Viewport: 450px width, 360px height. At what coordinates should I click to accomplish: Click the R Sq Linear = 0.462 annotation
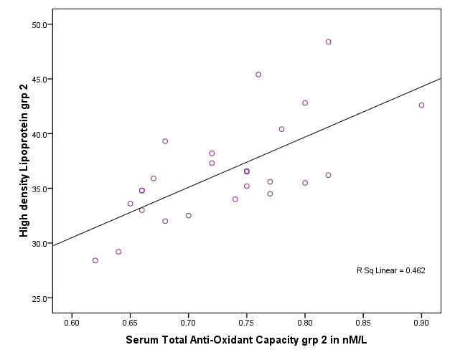[x=391, y=271]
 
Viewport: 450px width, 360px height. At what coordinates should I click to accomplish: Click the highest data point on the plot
[x=328, y=42]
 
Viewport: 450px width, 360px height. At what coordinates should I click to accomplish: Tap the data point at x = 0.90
[x=421, y=105]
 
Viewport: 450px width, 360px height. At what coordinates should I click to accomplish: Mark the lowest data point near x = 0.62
[x=95, y=260]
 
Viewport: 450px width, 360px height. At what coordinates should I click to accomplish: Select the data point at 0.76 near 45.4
[x=258, y=75]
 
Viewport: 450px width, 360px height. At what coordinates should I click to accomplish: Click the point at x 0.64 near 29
[x=118, y=252]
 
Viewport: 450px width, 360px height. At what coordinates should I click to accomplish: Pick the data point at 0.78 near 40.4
[x=281, y=129]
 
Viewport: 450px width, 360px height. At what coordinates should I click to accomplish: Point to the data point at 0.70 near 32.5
[x=188, y=215]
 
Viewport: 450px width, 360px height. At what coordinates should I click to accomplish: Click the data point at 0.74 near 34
[x=235, y=199]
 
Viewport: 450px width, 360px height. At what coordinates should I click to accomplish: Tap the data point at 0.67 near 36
[x=154, y=179]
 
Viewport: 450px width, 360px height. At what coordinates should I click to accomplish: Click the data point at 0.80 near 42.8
[x=305, y=103]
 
